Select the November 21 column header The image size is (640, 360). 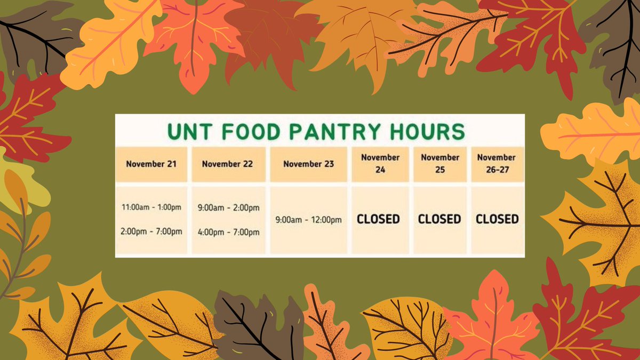pyautogui.click(x=151, y=164)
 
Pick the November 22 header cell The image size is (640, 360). pyautogui.click(x=227, y=164)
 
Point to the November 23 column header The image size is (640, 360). pyautogui.click(x=309, y=164)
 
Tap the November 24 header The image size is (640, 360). pyautogui.click(x=380, y=164)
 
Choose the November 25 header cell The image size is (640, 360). pyautogui.click(x=440, y=164)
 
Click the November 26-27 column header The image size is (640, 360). pyautogui.click(x=497, y=164)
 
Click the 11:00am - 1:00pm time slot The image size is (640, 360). pyautogui.click(x=151, y=207)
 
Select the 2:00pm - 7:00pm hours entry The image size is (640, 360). pyautogui.click(x=151, y=231)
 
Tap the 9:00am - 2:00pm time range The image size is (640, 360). pyautogui.click(x=228, y=207)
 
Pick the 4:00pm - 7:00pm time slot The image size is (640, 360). pyautogui.click(x=228, y=232)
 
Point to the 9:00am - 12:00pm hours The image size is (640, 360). pyautogui.click(x=309, y=219)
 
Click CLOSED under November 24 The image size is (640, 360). pyautogui.click(x=379, y=219)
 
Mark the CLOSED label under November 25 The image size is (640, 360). pyautogui.click(x=439, y=219)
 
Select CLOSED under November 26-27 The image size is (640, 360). pyautogui.click(x=497, y=219)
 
